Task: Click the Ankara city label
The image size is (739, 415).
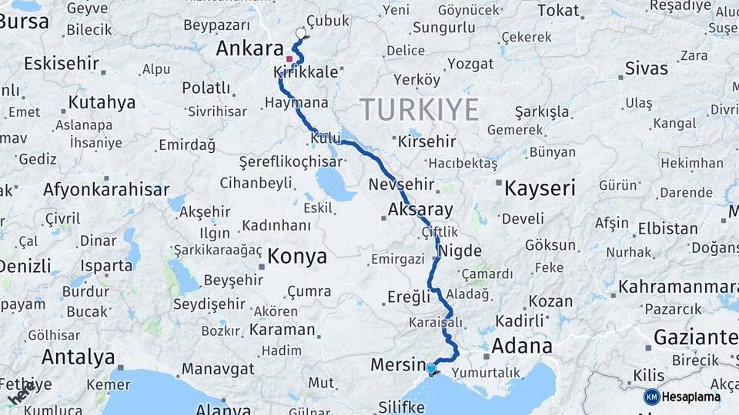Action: [x=249, y=48]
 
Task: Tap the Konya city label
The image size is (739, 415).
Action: [x=296, y=257]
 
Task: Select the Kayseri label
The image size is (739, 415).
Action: [x=540, y=188]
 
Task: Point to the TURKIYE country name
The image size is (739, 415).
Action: [x=420, y=110]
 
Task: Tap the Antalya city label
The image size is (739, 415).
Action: [x=78, y=357]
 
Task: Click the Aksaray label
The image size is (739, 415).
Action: [x=420, y=209]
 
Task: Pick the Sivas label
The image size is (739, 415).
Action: [x=647, y=68]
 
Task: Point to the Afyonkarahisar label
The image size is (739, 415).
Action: [x=106, y=189]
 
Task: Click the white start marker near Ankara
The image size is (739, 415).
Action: [x=300, y=33]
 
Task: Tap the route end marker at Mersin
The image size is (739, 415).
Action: [x=431, y=370]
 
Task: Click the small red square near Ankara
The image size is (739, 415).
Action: [x=289, y=58]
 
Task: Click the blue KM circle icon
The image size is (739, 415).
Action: [x=651, y=397]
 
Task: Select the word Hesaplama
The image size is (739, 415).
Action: [x=691, y=397]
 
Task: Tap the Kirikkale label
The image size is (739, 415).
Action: [x=306, y=72]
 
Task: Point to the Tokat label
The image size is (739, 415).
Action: [x=558, y=10]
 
